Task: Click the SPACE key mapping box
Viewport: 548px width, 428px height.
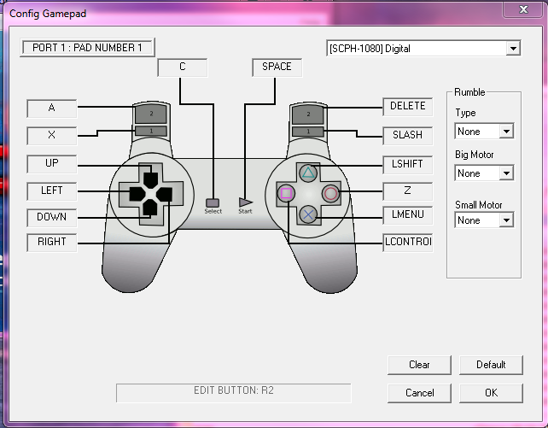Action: pyautogui.click(x=277, y=67)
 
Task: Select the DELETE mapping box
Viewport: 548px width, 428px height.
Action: pyautogui.click(x=407, y=107)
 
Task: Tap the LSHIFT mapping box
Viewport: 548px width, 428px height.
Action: pyautogui.click(x=407, y=163)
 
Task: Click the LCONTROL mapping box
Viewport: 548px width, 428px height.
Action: pyautogui.click(x=407, y=243)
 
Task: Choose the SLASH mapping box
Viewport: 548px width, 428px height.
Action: pyautogui.click(x=407, y=135)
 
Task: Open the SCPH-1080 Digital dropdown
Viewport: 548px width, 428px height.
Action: pyautogui.click(x=423, y=49)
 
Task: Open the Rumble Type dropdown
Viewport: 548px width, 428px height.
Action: pyautogui.click(x=484, y=132)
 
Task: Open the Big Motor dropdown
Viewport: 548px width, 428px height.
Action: pyautogui.click(x=484, y=173)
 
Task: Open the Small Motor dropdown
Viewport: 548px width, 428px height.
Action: pyautogui.click(x=484, y=220)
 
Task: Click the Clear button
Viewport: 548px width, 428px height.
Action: pyautogui.click(x=419, y=365)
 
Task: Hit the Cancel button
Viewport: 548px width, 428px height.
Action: pyautogui.click(x=419, y=393)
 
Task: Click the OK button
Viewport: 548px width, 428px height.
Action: pyautogui.click(x=491, y=393)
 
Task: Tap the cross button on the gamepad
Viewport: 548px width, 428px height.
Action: pyautogui.click(x=308, y=214)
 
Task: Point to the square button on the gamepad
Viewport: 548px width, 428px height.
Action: pyautogui.click(x=287, y=194)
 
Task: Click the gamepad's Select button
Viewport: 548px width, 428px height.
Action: pyautogui.click(x=213, y=202)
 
